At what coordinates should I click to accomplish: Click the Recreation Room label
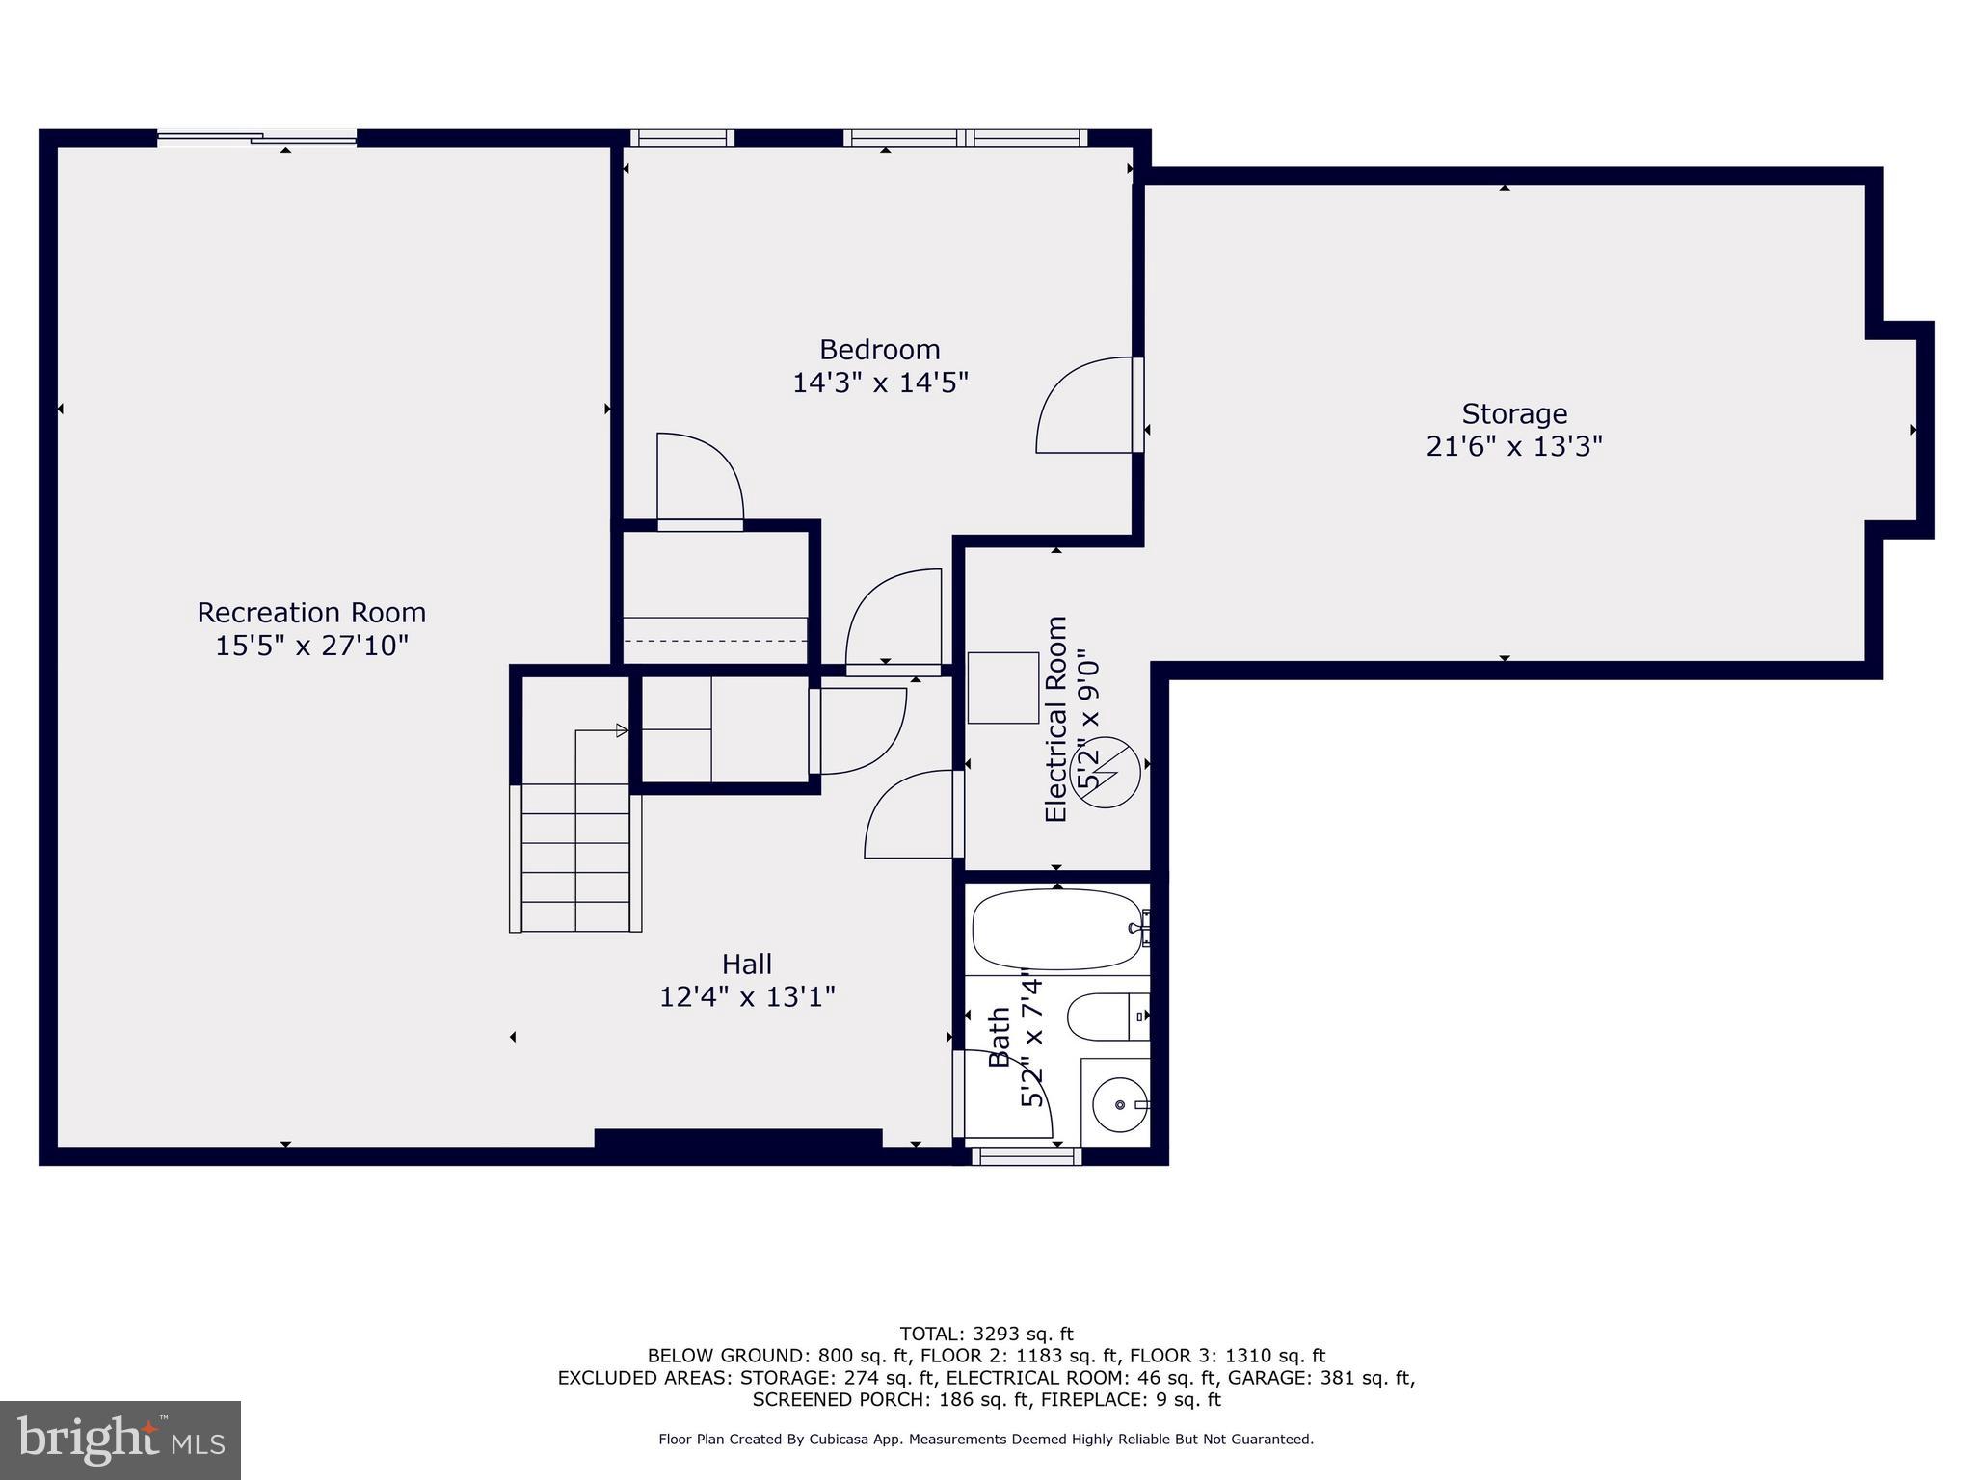[x=311, y=613]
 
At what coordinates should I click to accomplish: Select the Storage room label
[x=1513, y=414]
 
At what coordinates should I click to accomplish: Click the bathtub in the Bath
[x=1054, y=929]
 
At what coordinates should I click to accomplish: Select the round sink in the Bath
[x=1118, y=1104]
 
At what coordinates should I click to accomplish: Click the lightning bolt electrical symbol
[x=1105, y=772]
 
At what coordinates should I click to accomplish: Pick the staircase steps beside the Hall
[x=575, y=858]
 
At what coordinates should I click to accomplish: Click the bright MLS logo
[x=120, y=1440]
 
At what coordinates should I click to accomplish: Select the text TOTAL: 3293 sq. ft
[x=986, y=1335]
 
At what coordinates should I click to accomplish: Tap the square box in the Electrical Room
[x=1002, y=688]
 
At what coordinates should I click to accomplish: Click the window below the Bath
[x=1026, y=1156]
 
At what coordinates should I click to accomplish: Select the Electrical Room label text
[x=1056, y=719]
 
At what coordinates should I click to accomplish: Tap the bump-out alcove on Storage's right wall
[x=1899, y=430]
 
